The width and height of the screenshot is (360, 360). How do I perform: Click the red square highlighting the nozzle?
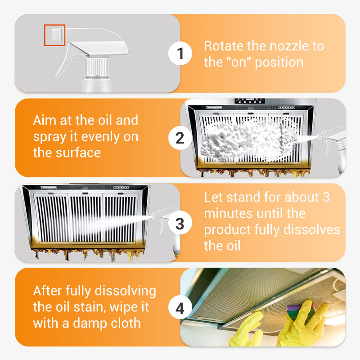tap(54, 35)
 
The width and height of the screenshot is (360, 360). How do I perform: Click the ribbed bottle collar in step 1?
tap(97, 68)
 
